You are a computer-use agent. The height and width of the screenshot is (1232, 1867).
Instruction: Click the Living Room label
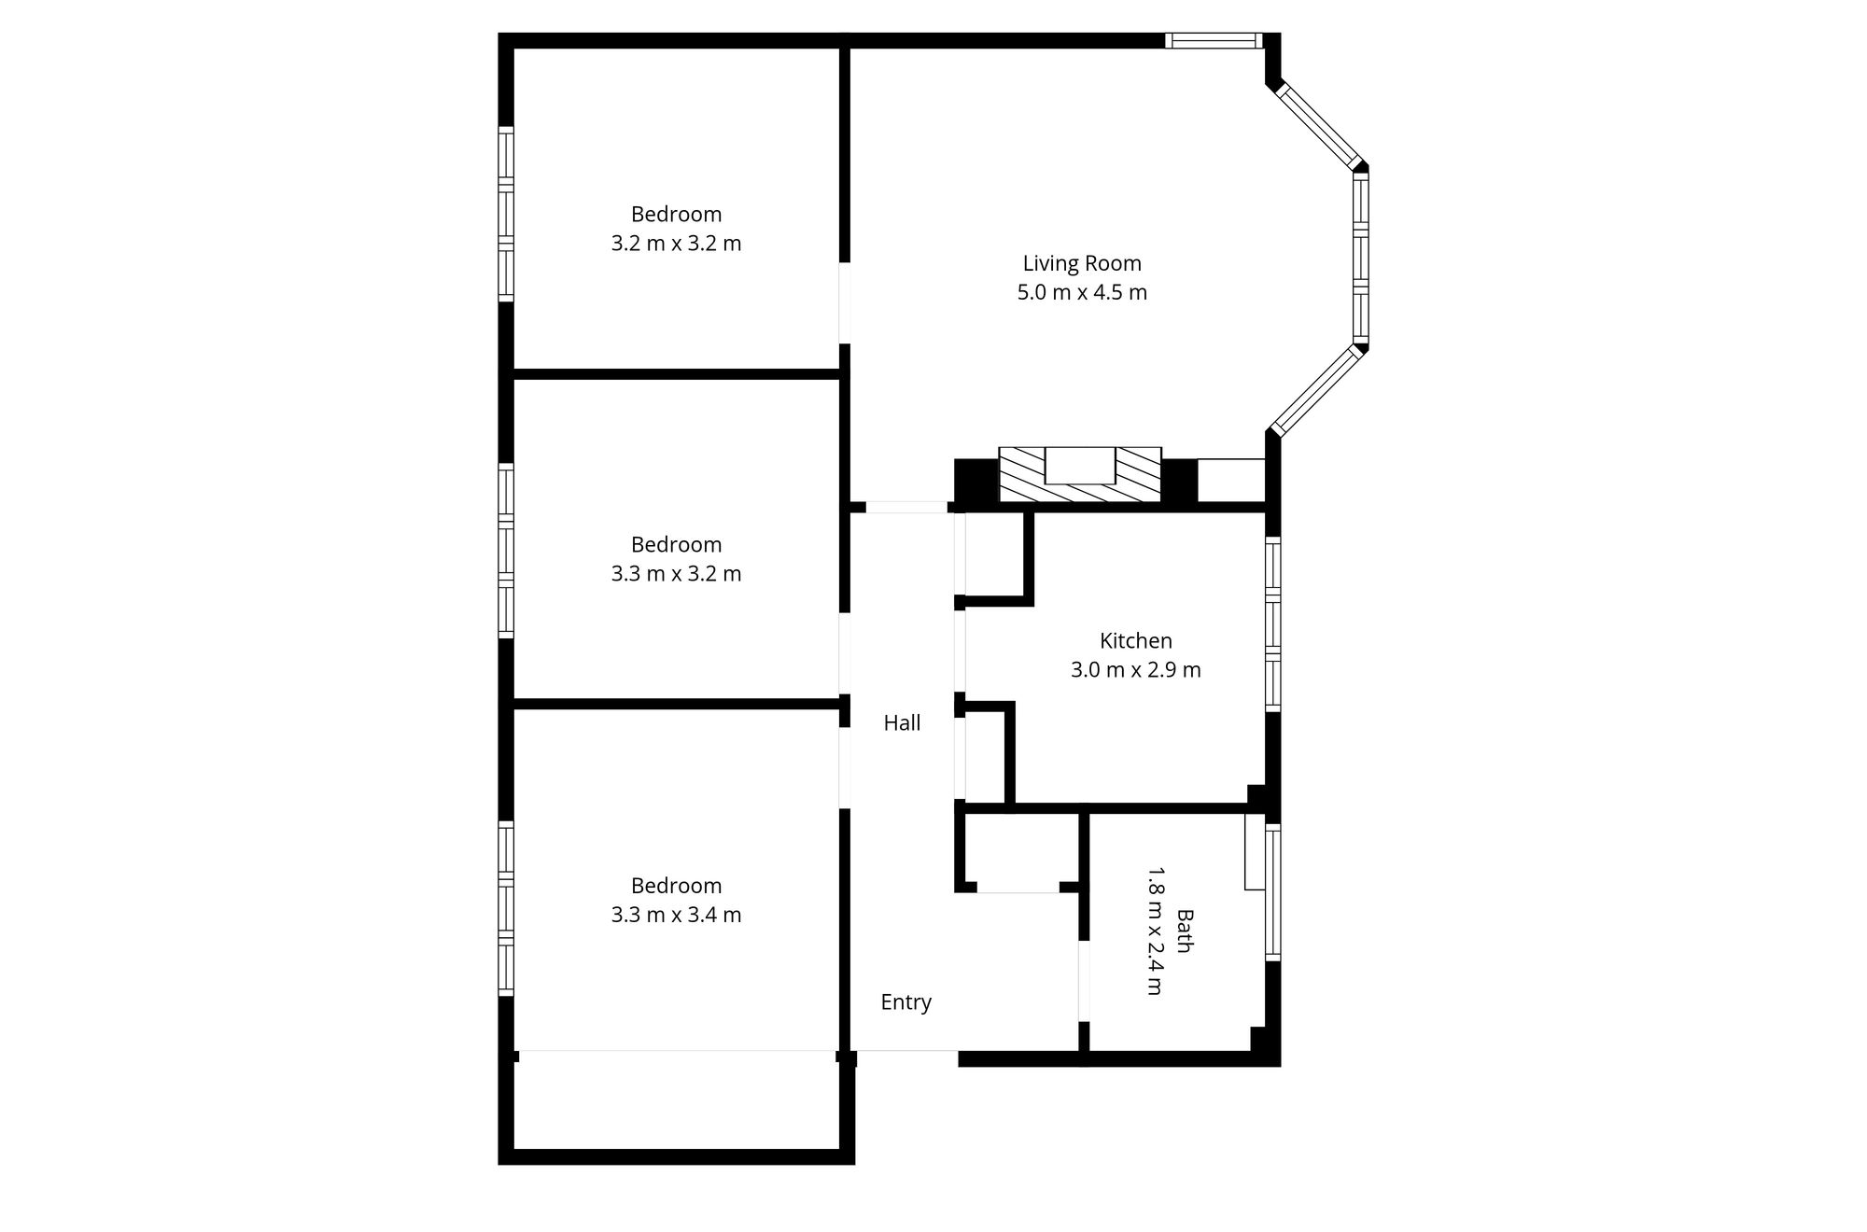coord(1082,263)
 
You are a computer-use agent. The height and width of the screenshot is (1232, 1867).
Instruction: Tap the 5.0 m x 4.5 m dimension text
coord(1082,292)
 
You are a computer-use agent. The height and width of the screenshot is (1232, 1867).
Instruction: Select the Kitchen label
coord(1135,640)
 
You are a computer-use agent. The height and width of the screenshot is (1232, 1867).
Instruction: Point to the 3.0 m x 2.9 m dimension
coord(1135,669)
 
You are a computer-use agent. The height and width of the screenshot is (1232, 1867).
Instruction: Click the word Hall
coord(902,722)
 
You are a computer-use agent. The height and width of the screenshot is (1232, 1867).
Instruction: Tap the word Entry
coord(905,1002)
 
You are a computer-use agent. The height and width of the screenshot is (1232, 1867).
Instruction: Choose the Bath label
coord(1184,931)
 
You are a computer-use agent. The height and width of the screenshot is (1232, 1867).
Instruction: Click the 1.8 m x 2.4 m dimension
coord(1155,931)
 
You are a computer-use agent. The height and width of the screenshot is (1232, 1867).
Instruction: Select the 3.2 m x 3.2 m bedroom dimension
coord(676,244)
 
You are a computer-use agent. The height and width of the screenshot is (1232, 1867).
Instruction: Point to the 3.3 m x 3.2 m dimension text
coord(676,574)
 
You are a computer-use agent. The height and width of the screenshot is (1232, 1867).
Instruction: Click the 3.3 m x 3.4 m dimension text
coord(676,915)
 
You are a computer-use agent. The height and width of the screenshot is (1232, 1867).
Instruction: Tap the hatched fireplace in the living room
coord(1080,474)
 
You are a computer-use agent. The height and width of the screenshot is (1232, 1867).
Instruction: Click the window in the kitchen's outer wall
coord(1272,623)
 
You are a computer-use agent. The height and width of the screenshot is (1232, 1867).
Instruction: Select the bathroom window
coord(1272,892)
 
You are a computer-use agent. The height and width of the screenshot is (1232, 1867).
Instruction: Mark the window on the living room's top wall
coord(1214,40)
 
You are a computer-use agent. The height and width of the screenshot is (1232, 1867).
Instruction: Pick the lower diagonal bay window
coord(1317,391)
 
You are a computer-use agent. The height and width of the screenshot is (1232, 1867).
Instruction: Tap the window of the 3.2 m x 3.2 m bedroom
coord(506,214)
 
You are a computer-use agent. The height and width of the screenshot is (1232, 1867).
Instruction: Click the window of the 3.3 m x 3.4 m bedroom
coord(506,908)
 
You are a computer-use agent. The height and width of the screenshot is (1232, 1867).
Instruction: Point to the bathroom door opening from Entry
coord(1084,981)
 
